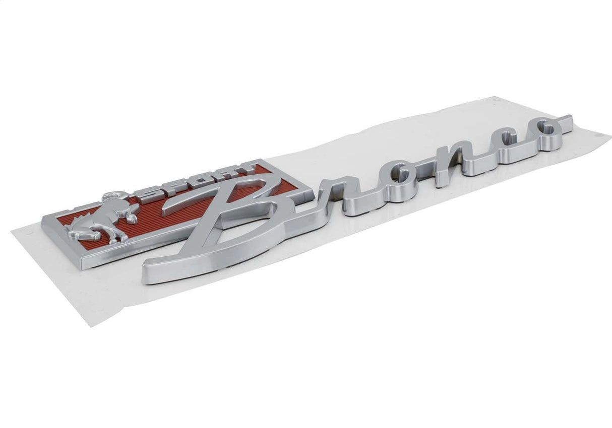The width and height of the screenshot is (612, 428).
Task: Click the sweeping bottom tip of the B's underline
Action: [147, 272]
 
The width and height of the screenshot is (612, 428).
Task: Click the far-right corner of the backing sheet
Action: [609, 136]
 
